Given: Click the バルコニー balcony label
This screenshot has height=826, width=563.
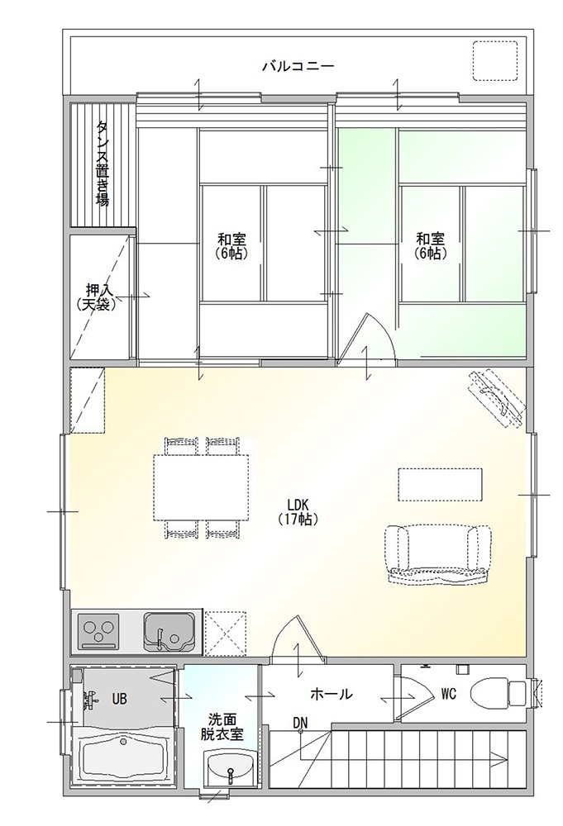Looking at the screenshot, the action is point(298,67).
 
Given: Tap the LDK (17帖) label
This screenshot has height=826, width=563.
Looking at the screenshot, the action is point(298,510).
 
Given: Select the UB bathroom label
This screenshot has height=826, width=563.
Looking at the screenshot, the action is point(120,699).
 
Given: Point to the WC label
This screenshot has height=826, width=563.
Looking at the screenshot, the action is point(449,695).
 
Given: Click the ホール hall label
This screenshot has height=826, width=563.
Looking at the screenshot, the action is point(331,694).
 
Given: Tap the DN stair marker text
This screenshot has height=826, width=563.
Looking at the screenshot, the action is point(300,722).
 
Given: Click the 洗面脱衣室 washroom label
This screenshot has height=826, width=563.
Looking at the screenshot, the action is point(222,726).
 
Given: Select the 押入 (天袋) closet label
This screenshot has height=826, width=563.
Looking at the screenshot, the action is point(96,297).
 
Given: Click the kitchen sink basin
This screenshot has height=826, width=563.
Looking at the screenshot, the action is point(169,632).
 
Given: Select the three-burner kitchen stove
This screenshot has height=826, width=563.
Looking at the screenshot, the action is point(99,632).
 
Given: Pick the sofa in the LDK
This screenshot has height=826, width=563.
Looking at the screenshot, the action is point(438,553).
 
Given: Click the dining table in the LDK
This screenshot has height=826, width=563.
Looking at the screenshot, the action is point(201,487).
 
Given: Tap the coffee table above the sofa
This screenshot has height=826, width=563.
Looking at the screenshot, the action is point(440,484).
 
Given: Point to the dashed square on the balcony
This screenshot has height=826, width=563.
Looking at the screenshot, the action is point(494,60).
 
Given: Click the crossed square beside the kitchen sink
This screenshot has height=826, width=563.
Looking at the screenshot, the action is point(226,634).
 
